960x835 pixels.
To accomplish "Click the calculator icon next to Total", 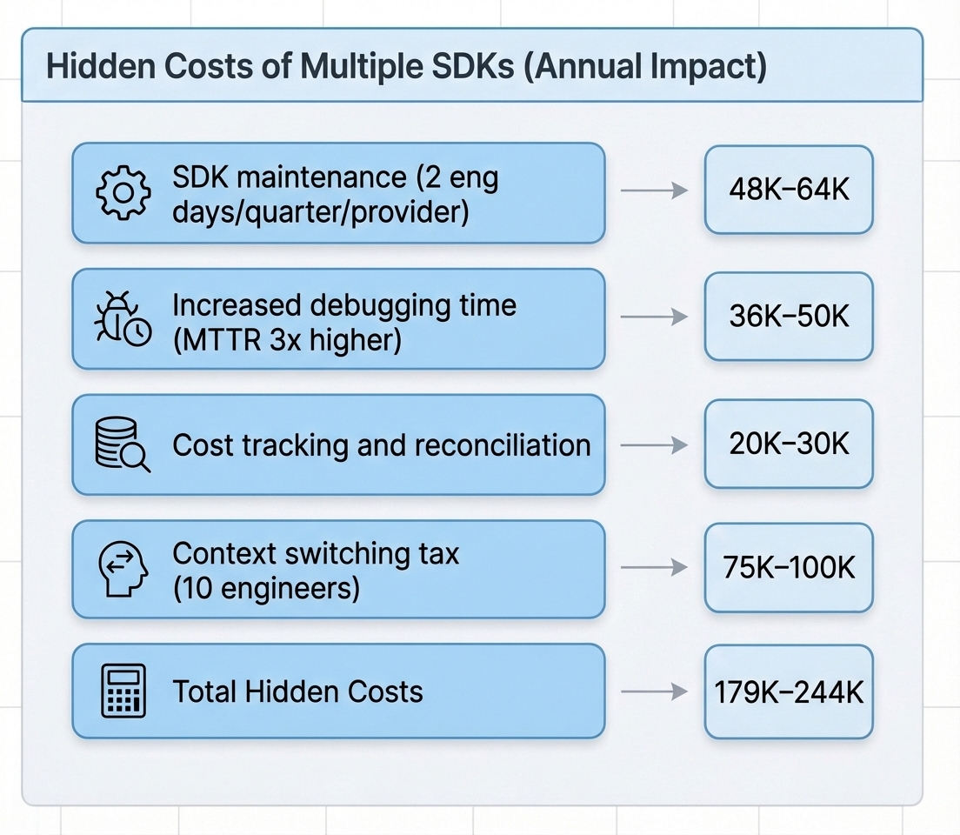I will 123,691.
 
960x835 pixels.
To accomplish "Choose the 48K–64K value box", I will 788,190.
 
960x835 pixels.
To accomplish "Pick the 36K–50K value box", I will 788,316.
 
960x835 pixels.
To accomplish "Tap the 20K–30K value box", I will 788,444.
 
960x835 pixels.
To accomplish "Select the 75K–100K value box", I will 788,567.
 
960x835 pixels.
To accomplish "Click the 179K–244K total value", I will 788,691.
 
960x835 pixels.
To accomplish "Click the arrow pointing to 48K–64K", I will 654,190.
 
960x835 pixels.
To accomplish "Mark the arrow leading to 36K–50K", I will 654,317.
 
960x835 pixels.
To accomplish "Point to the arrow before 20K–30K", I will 654,444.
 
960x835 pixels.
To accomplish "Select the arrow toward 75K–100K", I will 654,568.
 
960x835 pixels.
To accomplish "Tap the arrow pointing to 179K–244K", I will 654,692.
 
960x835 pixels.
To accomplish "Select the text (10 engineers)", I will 266,589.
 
